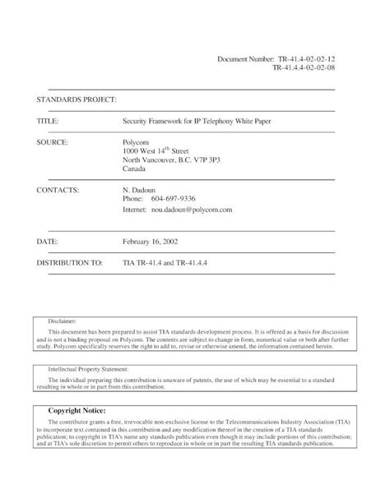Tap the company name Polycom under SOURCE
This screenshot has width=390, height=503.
(137, 141)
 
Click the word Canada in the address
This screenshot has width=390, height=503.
(133, 170)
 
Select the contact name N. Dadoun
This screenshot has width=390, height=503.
(141, 190)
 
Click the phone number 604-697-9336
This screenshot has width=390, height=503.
(174, 200)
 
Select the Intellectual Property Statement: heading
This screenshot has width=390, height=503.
(91, 370)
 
